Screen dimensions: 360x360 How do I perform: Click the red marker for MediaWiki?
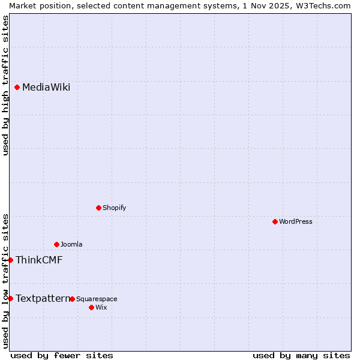17,87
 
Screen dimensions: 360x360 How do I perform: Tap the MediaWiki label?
46,88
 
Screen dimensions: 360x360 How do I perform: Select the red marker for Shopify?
99,208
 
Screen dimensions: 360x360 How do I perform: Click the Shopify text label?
114,208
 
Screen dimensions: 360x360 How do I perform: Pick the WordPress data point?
275,221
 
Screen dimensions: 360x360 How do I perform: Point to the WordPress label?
295,222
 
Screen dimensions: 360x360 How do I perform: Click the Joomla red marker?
57,244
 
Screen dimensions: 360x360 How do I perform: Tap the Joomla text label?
71,245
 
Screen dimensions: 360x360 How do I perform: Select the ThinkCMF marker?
11,260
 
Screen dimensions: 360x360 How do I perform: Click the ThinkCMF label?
39,260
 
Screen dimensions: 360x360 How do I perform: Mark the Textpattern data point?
11,298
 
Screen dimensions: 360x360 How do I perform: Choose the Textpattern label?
42,298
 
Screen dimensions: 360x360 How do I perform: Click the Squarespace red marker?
73,299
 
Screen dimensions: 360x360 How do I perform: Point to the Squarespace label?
97,299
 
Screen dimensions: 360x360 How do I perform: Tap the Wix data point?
92,307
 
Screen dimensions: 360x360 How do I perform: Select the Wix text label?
101,308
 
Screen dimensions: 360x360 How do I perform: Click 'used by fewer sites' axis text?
62,355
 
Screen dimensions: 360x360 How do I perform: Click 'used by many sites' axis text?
301,355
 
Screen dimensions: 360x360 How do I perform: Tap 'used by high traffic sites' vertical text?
5,85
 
